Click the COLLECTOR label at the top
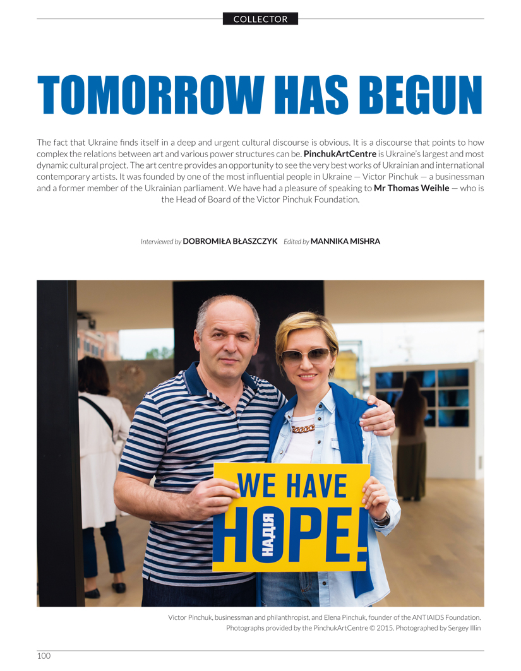(x=260, y=19)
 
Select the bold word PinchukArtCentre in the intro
(x=340, y=154)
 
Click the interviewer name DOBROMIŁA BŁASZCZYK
(x=230, y=241)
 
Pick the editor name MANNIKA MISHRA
(x=345, y=241)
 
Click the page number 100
(x=44, y=656)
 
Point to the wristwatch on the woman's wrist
(x=381, y=518)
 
